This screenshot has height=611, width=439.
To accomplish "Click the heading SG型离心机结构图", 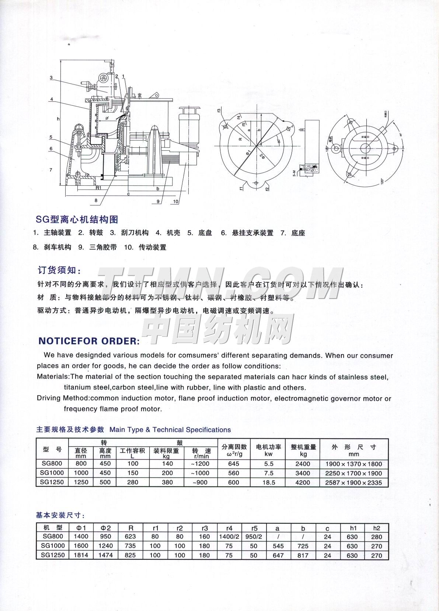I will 77,220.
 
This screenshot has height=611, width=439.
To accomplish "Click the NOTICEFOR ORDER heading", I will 89,341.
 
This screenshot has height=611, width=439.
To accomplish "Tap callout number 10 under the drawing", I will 175,202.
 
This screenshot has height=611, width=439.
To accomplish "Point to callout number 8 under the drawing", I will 96,200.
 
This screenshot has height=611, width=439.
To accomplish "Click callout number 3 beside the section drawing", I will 51,78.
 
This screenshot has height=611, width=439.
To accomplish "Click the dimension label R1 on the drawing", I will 98,188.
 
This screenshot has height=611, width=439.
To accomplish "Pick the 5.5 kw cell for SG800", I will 269,464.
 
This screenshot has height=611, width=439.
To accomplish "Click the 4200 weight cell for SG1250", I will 303,482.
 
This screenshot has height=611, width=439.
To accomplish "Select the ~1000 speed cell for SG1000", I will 200,473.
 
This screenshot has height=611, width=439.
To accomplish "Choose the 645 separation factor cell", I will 234,464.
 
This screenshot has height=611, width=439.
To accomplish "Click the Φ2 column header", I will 106,528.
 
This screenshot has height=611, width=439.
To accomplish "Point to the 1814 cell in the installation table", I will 81,555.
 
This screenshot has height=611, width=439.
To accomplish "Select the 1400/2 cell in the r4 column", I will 229,537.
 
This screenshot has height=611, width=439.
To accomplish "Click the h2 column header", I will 376,528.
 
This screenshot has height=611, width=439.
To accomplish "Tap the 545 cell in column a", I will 278,546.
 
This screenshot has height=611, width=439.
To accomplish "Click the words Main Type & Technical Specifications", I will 170,430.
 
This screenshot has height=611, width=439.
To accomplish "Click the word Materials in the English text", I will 53,377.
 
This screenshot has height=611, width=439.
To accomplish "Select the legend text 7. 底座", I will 293,233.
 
